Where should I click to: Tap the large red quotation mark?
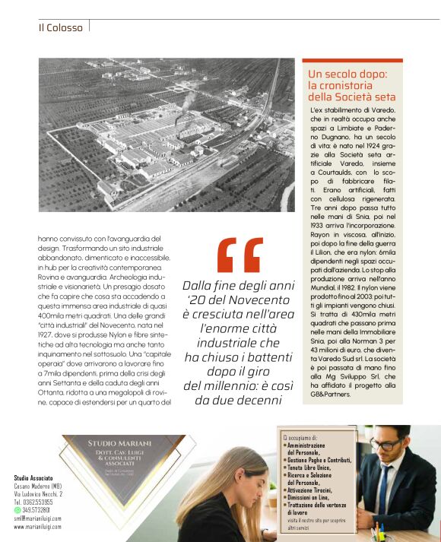click(x=240, y=255)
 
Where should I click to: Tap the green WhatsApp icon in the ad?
click(x=17, y=510)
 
